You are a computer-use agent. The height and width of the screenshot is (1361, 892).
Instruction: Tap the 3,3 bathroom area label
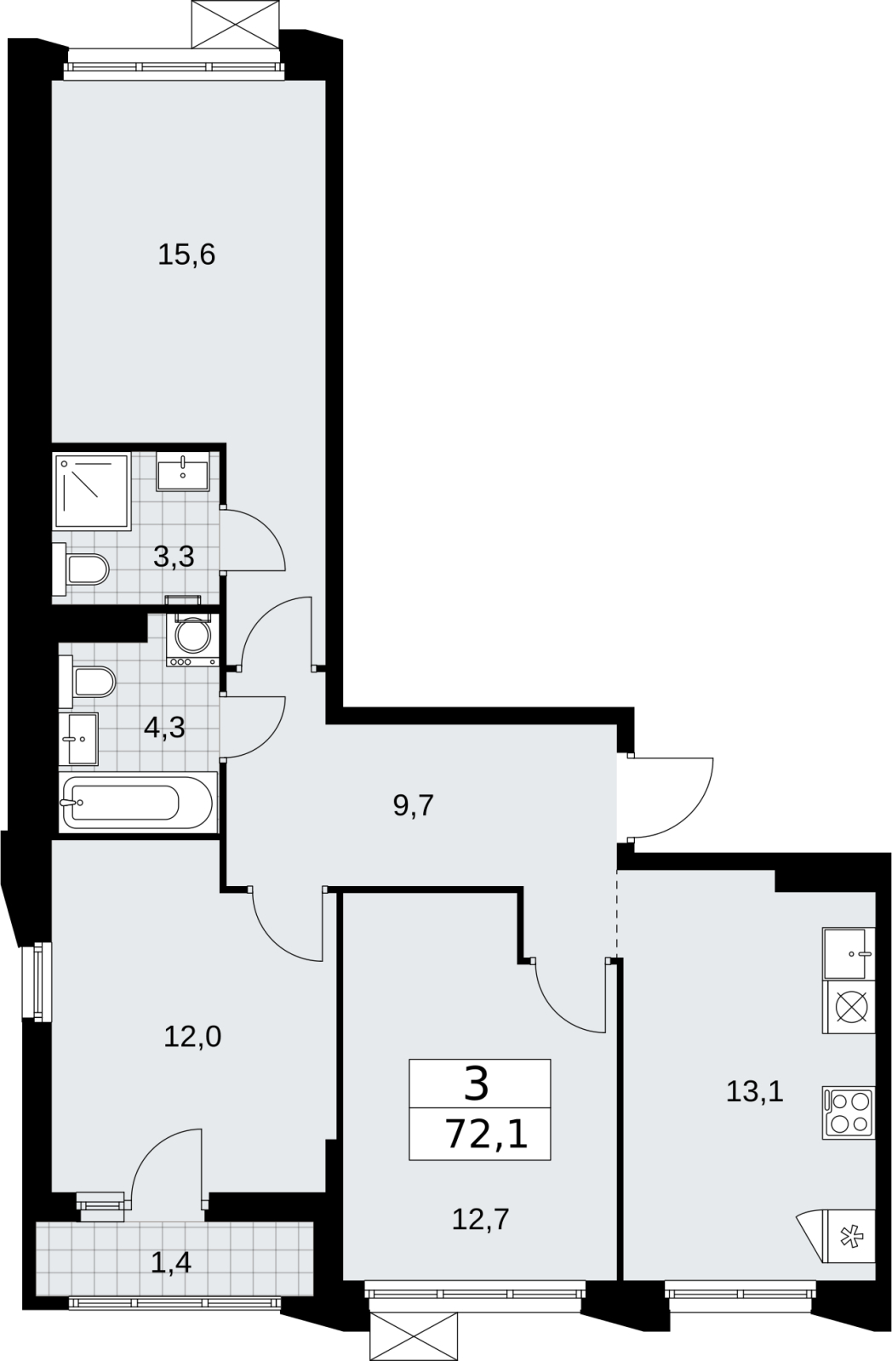(174, 556)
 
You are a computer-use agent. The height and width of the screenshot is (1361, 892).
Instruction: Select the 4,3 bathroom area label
(164, 727)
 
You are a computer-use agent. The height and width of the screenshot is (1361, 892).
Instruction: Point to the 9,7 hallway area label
(413, 806)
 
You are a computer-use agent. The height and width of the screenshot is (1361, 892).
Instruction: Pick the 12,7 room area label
(480, 1219)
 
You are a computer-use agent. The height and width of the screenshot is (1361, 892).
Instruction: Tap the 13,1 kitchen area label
(755, 1092)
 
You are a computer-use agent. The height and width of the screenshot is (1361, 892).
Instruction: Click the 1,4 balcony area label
(171, 1262)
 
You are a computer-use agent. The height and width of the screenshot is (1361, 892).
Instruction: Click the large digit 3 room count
(477, 1085)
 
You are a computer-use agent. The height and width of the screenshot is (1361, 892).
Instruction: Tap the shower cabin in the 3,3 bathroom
(93, 491)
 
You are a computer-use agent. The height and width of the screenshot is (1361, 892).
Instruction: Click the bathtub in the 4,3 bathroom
(138, 802)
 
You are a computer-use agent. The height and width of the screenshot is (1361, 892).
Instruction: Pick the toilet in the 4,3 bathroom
(87, 683)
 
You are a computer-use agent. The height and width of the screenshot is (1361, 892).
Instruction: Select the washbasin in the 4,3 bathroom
(78, 739)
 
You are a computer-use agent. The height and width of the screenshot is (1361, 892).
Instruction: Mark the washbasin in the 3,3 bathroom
(183, 471)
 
